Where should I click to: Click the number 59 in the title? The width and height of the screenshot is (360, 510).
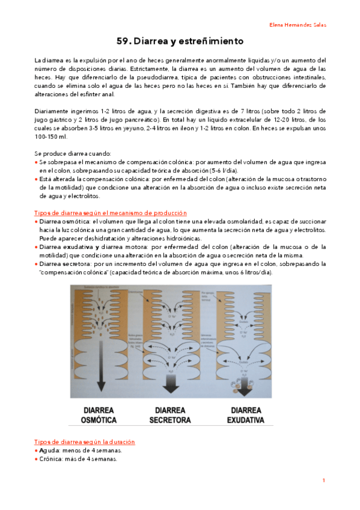coord(123,41)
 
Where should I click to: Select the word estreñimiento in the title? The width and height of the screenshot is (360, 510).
coord(213,41)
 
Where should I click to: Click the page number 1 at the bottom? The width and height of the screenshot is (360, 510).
coord(323,480)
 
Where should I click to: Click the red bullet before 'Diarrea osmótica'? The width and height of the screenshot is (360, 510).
coord(36,221)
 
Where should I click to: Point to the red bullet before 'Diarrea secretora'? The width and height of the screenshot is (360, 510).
coord(36,263)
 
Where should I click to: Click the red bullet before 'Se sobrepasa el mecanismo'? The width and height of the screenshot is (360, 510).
coord(36,162)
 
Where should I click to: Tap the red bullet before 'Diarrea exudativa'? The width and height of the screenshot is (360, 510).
coord(36,247)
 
